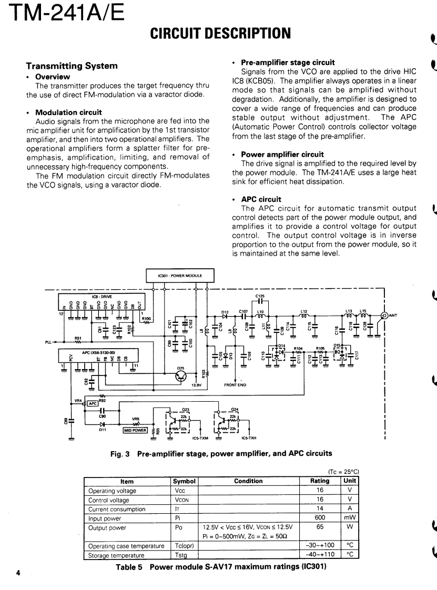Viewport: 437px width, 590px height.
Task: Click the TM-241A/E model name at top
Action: (62, 13)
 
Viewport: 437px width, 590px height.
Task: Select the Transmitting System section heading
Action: (72, 66)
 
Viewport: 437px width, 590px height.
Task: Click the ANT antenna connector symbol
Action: (384, 316)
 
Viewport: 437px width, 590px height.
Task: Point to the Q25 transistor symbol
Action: (181, 377)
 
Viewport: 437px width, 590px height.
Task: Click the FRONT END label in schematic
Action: (235, 385)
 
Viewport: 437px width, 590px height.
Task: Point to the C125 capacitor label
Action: (260, 296)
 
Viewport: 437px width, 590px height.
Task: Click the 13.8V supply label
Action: (196, 385)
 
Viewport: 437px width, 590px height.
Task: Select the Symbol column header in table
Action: (184, 481)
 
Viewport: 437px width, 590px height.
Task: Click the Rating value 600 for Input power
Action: (320, 518)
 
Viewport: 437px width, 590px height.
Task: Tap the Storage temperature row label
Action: (116, 555)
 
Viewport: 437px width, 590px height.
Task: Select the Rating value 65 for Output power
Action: (320, 527)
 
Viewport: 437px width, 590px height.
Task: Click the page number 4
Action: (18, 573)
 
